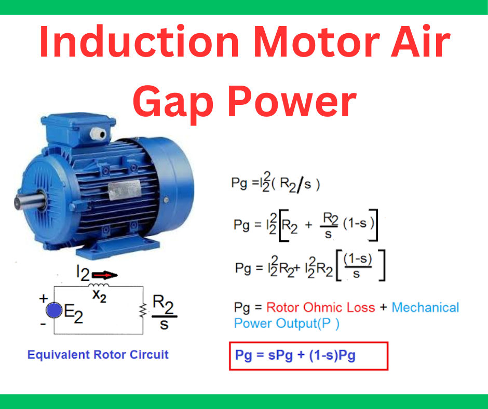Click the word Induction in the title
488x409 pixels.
[x=139, y=42]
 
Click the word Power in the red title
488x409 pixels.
[x=293, y=101]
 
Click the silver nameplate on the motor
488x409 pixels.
[x=124, y=189]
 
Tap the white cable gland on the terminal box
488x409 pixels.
[x=99, y=134]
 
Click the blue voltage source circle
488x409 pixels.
[x=54, y=310]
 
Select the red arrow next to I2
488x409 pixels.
[x=105, y=275]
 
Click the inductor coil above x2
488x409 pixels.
[x=98, y=285]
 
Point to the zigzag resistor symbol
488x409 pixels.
[x=143, y=310]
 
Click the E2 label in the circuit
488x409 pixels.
[x=73, y=313]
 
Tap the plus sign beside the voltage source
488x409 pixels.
[x=44, y=298]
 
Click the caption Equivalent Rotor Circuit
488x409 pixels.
[x=98, y=355]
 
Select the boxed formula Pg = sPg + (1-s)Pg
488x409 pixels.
[x=308, y=356]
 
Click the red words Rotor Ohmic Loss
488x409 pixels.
[x=320, y=307]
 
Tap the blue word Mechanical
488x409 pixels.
[x=425, y=307]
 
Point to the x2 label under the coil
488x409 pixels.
[x=99, y=295]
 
